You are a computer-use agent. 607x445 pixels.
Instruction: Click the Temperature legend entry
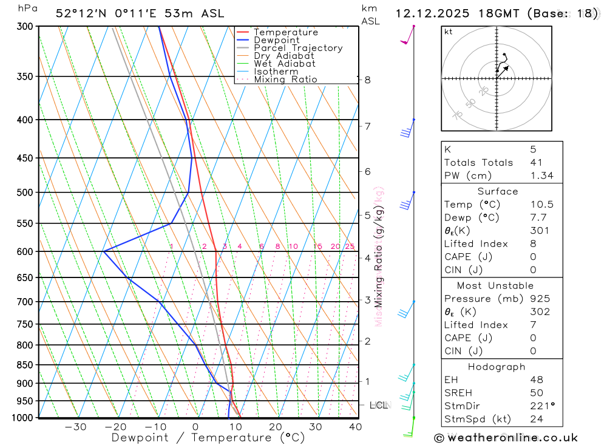tap(285, 32)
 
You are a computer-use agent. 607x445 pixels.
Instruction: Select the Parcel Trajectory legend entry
tap(298, 48)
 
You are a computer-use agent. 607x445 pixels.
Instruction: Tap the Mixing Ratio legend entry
tap(285, 80)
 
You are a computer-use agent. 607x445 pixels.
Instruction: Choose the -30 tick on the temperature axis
tap(75, 427)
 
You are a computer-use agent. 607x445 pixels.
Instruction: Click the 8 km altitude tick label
tap(367, 80)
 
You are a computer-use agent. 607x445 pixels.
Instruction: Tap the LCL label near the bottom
tap(379, 405)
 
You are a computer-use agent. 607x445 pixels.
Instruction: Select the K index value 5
tap(533, 149)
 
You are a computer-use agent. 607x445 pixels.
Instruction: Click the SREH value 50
tap(537, 393)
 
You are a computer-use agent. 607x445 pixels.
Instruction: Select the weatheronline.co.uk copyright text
tap(506, 437)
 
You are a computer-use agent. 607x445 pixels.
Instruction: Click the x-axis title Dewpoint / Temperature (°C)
tap(208, 438)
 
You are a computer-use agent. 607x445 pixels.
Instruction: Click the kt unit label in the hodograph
tap(449, 32)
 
